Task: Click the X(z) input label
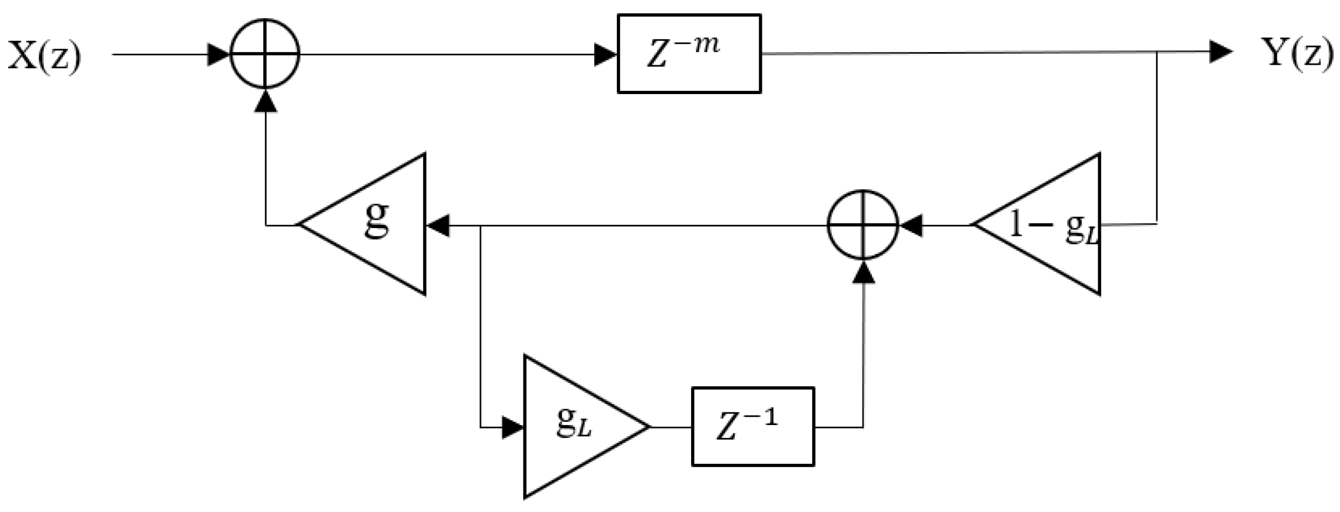(x=44, y=56)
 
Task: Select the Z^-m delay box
(x=689, y=54)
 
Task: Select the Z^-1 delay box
(x=752, y=426)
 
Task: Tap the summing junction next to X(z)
(x=265, y=54)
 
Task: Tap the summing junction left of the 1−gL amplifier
(x=863, y=225)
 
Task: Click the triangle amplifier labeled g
(x=376, y=224)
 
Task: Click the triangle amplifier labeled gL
(x=575, y=426)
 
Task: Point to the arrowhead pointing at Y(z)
(x=1220, y=52)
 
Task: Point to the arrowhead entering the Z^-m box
(x=605, y=54)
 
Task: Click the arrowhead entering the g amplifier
(x=438, y=225)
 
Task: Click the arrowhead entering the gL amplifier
(x=512, y=427)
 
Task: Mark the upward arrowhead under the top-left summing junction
(x=266, y=101)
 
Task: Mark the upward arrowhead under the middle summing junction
(x=863, y=272)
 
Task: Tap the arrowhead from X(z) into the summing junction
(x=218, y=54)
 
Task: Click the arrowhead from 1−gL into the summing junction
(x=911, y=225)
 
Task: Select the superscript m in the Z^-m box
(x=709, y=44)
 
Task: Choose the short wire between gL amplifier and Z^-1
(x=671, y=427)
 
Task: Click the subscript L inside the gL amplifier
(x=585, y=430)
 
